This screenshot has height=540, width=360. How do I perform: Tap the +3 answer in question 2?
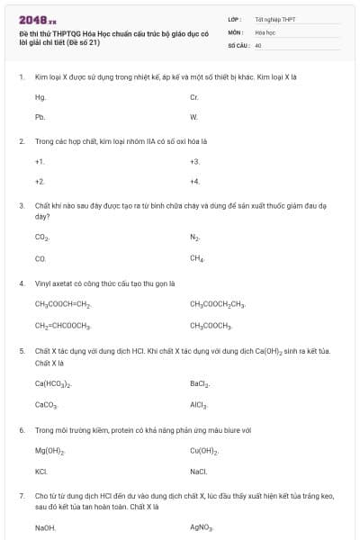[x=194, y=161]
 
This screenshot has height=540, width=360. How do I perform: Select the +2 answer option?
[x=40, y=181]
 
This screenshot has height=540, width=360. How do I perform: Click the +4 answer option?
[x=194, y=181]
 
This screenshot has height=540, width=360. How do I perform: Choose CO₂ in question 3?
[x=41, y=238]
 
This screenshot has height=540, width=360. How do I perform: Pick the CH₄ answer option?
[x=197, y=258]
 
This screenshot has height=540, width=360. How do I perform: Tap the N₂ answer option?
[x=194, y=238]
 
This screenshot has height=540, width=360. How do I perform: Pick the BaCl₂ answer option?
[x=199, y=383]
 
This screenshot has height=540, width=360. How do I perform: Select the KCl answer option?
[x=40, y=471]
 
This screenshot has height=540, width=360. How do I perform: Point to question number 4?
[x=22, y=283]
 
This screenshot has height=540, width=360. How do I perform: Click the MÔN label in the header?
[x=236, y=31]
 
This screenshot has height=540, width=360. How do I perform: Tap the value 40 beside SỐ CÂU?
[x=258, y=44]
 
